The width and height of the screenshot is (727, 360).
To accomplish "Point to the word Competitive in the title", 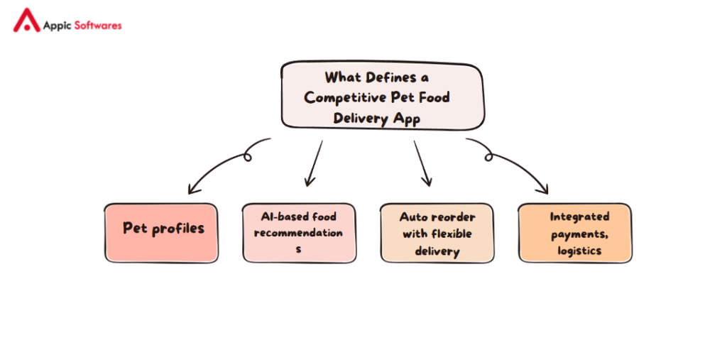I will [344, 97].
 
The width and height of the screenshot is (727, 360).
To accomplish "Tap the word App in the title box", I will [407, 119].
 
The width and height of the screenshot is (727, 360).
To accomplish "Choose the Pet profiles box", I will [162, 233].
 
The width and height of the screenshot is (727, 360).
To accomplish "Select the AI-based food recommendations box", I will [298, 233].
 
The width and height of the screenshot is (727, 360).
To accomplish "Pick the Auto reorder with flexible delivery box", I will [437, 234].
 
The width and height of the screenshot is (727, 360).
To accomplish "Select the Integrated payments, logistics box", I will [574, 233].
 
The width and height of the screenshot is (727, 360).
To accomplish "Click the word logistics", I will [579, 251].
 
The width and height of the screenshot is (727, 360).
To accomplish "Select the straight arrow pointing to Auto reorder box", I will [422, 163].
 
